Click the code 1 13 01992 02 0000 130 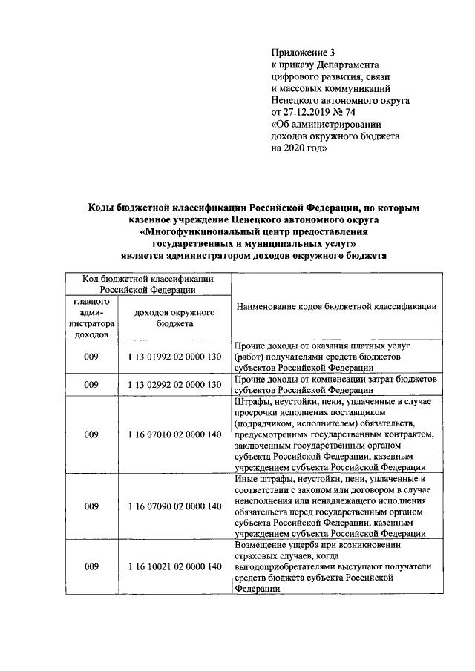pyautogui.click(x=174, y=357)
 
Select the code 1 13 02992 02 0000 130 pyautogui.click(x=174, y=384)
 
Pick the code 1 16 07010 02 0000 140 pyautogui.click(x=174, y=434)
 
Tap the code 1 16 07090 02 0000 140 pyautogui.click(x=174, y=506)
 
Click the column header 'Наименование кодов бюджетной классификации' pyautogui.click(x=335, y=305)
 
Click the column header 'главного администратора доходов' pyautogui.click(x=91, y=318)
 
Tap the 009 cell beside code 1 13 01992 pyautogui.click(x=91, y=357)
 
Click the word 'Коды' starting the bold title pyautogui.click(x=102, y=208)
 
